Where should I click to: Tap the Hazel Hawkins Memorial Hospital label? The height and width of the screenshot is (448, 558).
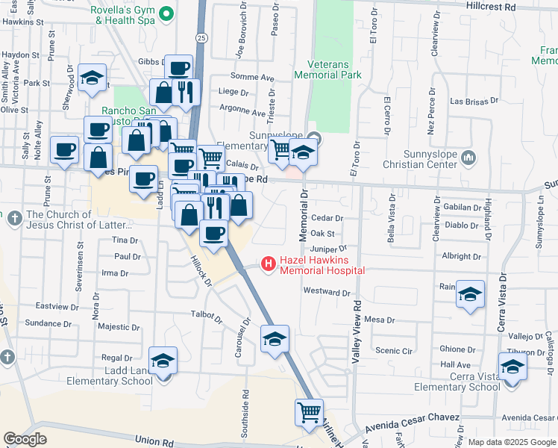(322, 266)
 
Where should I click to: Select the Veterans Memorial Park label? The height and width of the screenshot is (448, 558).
(327, 69)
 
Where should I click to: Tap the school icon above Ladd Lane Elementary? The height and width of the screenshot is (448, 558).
(163, 361)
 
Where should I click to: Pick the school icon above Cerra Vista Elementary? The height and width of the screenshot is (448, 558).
(512, 367)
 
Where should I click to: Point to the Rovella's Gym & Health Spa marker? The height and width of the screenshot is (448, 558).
(168, 13)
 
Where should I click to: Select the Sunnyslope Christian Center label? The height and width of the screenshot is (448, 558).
(427, 158)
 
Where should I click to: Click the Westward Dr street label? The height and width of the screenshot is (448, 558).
(326, 293)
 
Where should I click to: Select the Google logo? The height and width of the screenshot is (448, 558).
(25, 439)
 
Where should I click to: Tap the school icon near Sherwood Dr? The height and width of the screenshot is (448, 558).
(92, 78)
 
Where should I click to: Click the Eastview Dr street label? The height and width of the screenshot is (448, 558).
(57, 306)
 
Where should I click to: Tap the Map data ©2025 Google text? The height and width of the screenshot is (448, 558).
(512, 442)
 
